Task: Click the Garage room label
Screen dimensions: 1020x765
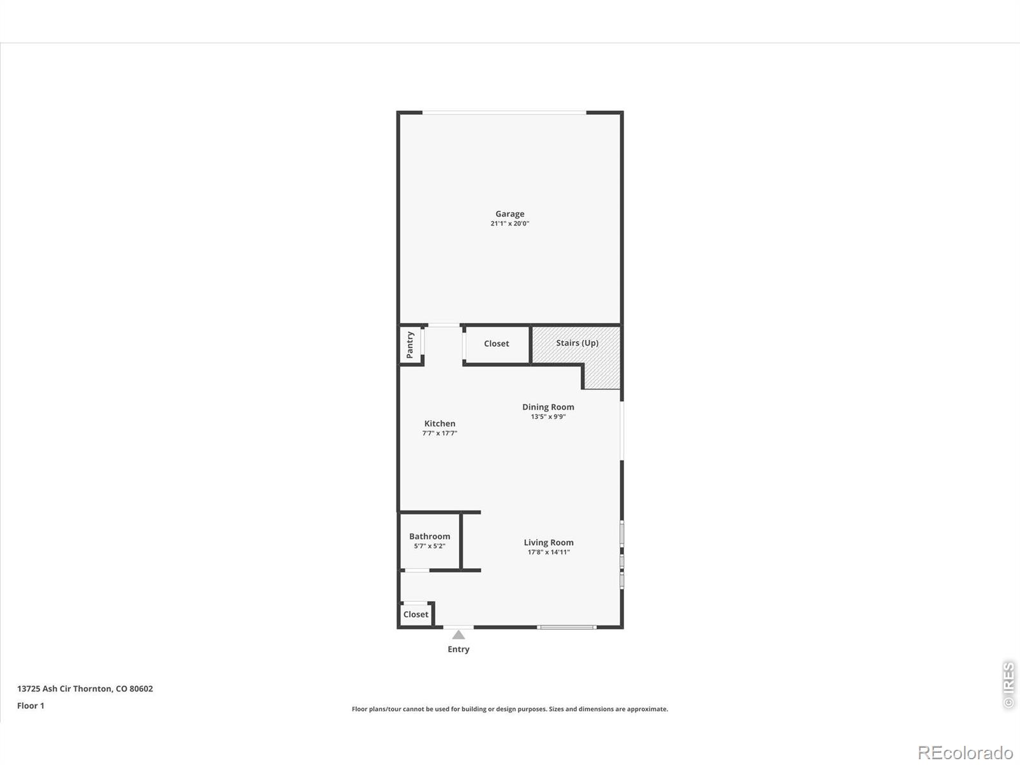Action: tap(510, 214)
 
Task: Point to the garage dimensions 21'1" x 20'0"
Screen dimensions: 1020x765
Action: tap(510, 223)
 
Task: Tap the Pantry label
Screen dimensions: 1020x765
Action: tap(410, 345)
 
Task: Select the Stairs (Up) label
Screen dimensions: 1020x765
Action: tap(577, 343)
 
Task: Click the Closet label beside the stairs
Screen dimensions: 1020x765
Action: tap(496, 344)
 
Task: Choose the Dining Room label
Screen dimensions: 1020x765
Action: tap(548, 407)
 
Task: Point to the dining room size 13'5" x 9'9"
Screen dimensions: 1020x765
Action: tap(548, 417)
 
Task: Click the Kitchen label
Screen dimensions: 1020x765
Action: tap(440, 423)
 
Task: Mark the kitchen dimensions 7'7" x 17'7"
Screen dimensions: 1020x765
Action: tap(440, 433)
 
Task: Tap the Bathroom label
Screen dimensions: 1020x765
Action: tap(430, 537)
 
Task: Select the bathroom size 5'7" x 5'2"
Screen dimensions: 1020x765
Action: tap(430, 546)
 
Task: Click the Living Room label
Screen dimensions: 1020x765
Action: tap(548, 543)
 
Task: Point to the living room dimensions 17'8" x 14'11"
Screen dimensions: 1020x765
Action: tap(548, 552)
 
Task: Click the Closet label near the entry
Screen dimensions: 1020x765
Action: tap(416, 615)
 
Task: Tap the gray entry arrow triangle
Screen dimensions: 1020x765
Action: tap(458, 635)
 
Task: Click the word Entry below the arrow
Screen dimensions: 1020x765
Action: tap(458, 650)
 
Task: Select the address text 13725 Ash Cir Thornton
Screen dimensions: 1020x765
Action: tap(64, 689)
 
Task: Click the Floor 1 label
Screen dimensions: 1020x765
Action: tap(31, 706)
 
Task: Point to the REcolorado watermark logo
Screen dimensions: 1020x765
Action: tap(965, 752)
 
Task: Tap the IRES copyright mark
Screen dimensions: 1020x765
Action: tap(1009, 685)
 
